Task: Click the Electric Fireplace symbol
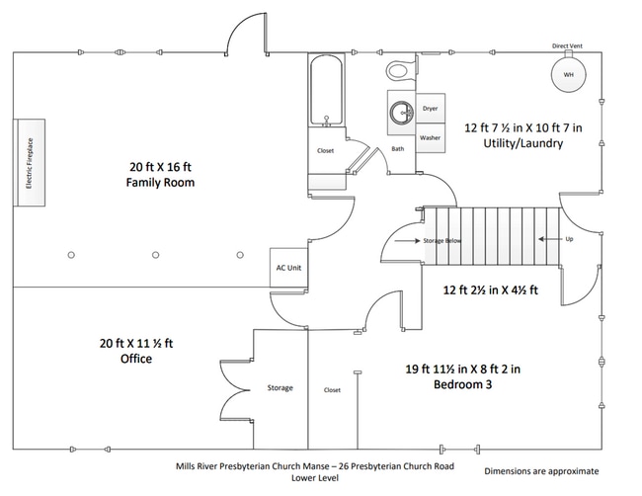coord(30,163)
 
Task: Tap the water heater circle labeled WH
coord(567,76)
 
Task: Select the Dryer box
coord(430,109)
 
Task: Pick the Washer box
coord(430,138)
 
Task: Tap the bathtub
coord(325,94)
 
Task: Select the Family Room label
coord(160,183)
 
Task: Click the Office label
coord(128,359)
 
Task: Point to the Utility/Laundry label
coord(523,143)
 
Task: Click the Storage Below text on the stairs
coord(441,240)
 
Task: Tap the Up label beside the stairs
coord(568,240)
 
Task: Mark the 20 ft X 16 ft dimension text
coord(160,166)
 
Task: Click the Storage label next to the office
coord(280,387)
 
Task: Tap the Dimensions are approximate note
coord(541,471)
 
